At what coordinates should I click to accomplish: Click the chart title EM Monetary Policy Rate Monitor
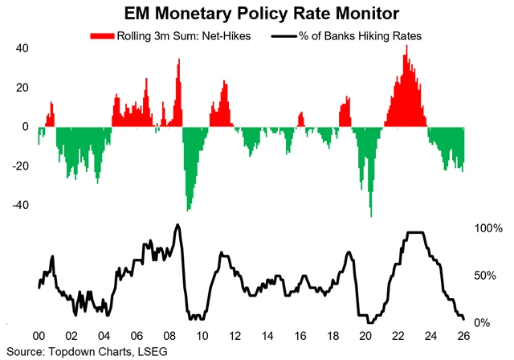click(257, 13)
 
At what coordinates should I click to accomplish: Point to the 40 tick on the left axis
click(22, 48)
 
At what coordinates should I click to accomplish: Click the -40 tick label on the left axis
click(18, 204)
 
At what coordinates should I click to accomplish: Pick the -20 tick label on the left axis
click(18, 166)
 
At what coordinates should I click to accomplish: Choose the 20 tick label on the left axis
click(22, 88)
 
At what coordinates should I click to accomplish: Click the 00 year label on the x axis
click(38, 336)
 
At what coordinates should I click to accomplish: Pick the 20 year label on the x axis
click(367, 336)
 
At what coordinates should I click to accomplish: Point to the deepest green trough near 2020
click(371, 215)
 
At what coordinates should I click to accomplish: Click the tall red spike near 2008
click(178, 60)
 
